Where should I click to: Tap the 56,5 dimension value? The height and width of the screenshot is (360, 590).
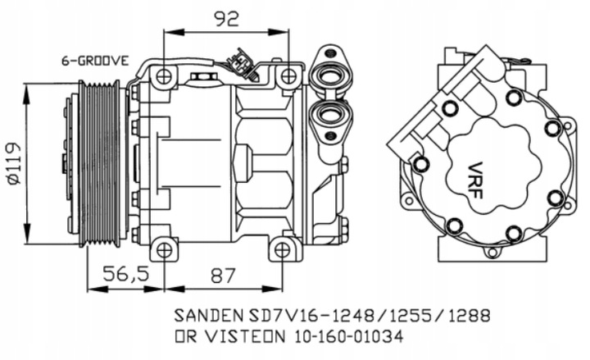(x=128, y=276)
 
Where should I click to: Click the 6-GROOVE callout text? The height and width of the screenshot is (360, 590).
(x=95, y=61)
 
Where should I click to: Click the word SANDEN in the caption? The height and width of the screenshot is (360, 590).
(x=201, y=314)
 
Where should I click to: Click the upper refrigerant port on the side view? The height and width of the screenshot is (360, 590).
(x=331, y=80)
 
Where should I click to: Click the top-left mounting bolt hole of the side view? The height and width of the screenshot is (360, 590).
(x=164, y=76)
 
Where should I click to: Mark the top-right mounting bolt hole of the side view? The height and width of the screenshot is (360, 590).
(x=288, y=76)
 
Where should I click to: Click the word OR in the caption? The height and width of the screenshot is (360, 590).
(x=184, y=335)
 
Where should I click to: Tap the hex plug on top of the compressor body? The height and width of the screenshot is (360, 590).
(x=200, y=78)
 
